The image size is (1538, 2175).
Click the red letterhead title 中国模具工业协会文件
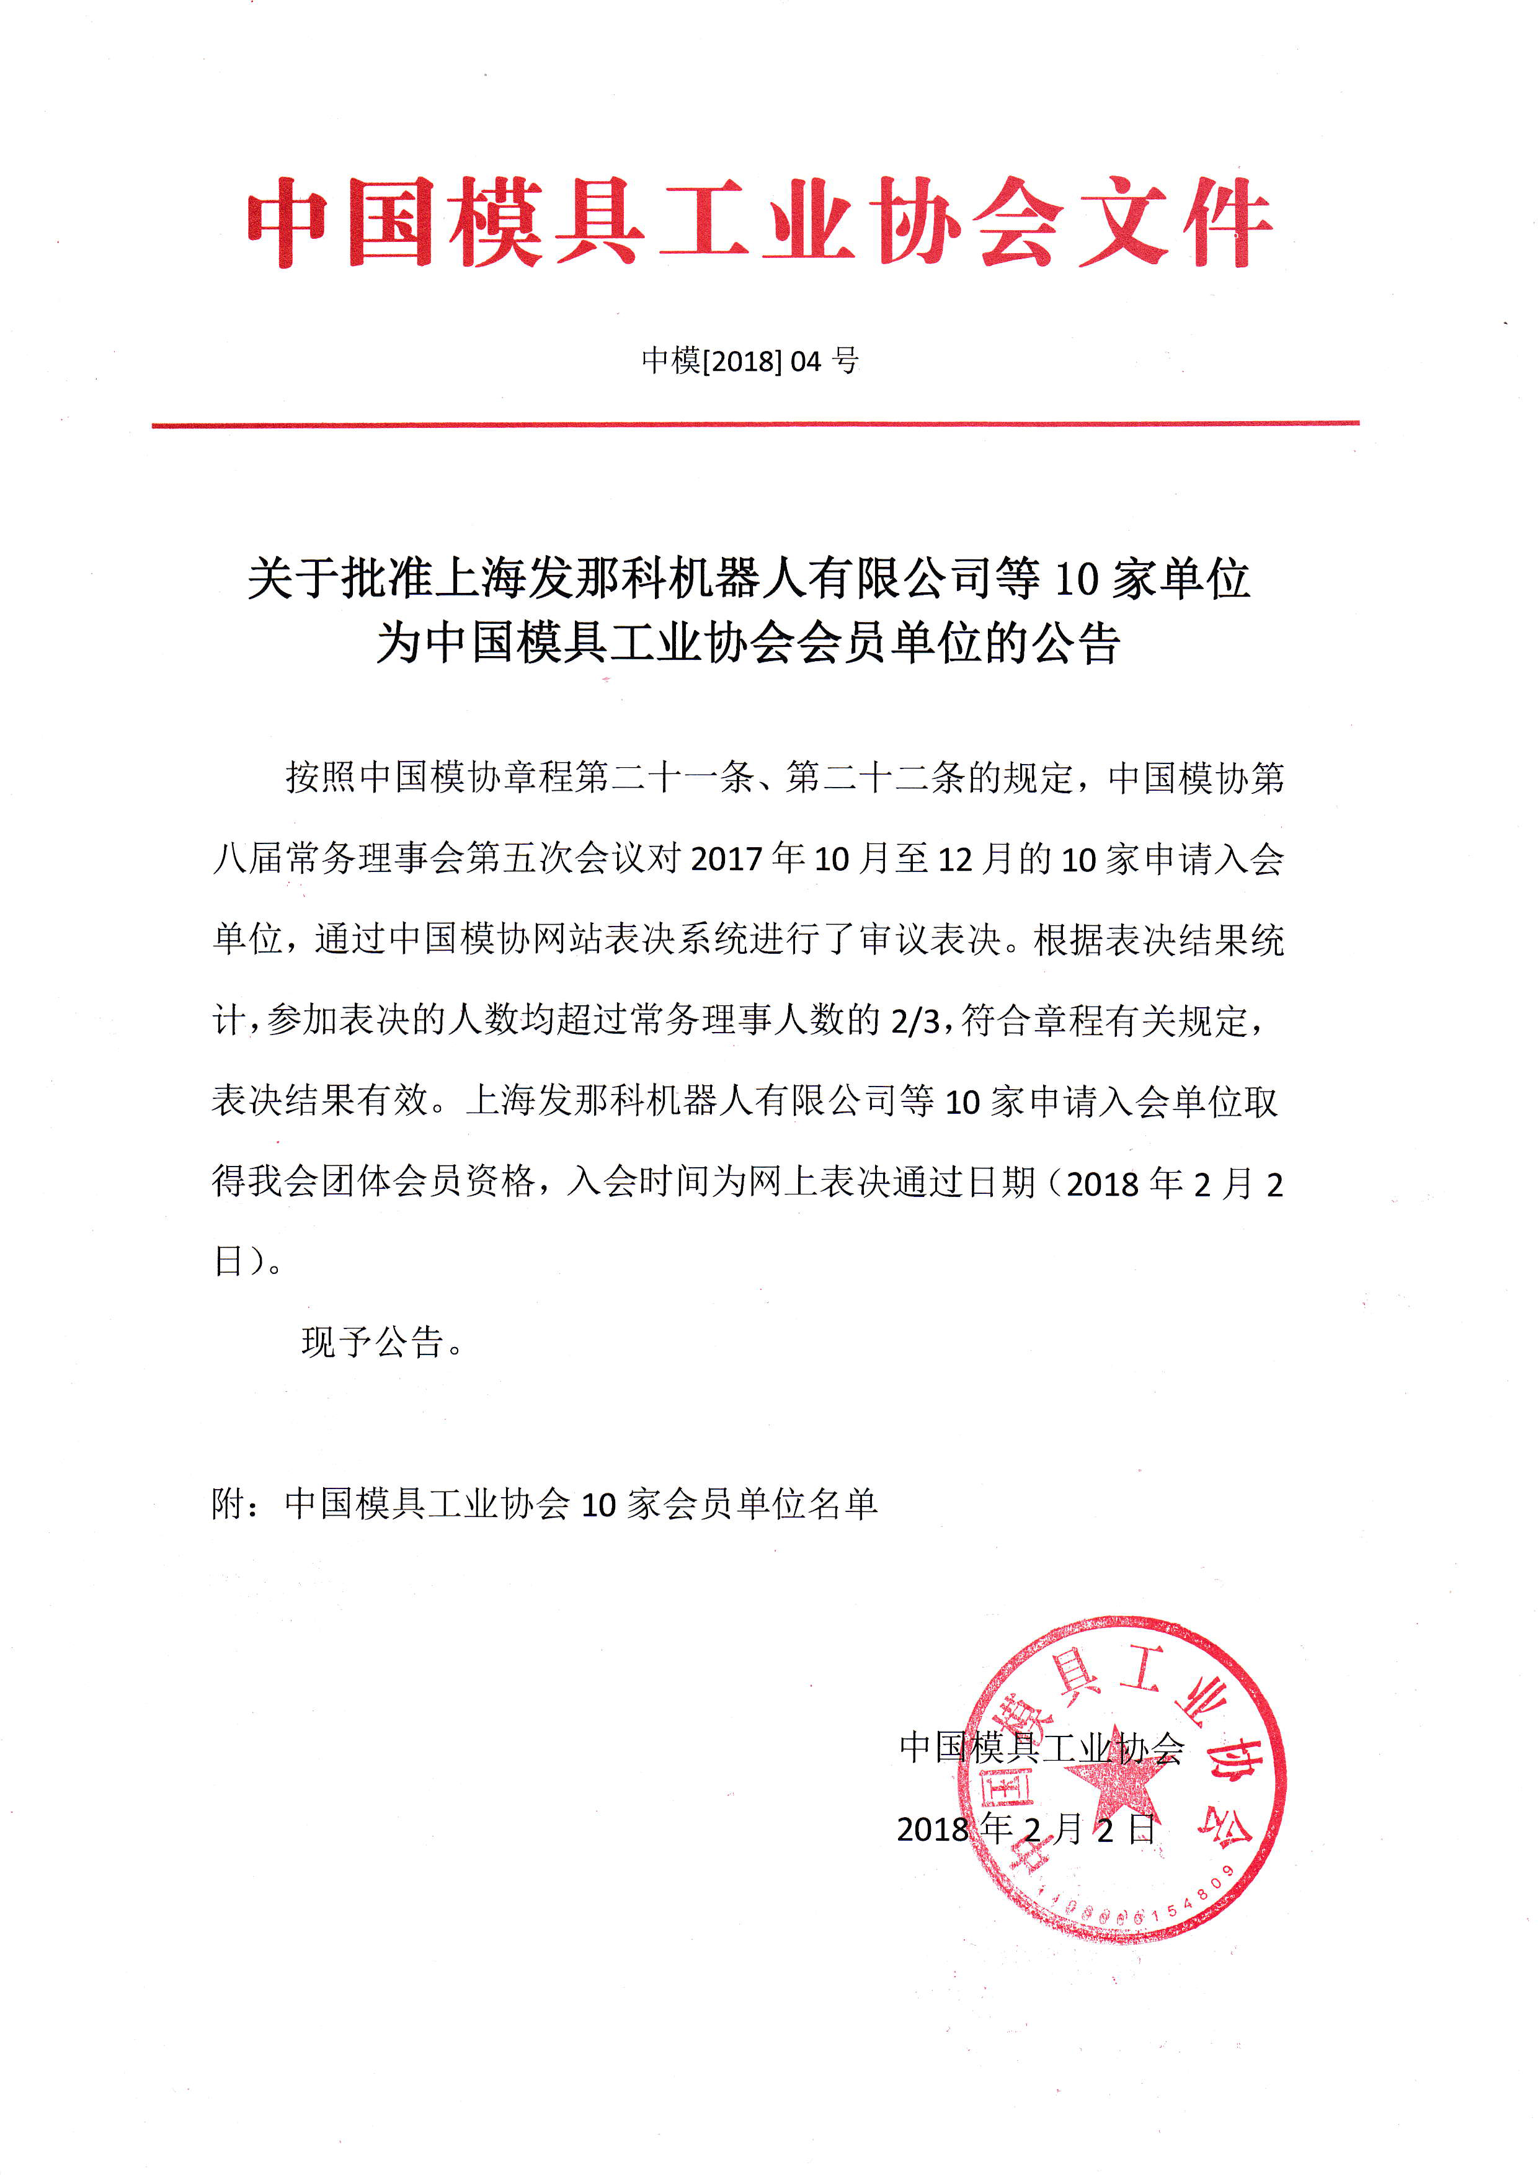pos(758,223)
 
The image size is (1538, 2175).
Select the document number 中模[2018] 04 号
pos(749,360)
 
